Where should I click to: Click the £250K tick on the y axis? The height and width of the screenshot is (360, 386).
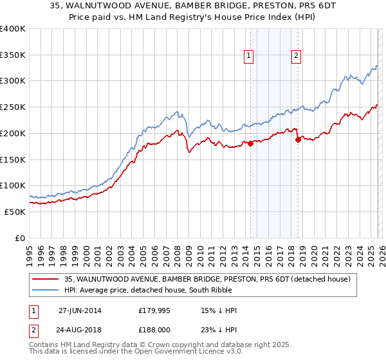(x=13, y=107)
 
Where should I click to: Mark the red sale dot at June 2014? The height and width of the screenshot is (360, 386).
(x=250, y=144)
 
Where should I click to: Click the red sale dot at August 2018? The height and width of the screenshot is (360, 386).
(x=298, y=139)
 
